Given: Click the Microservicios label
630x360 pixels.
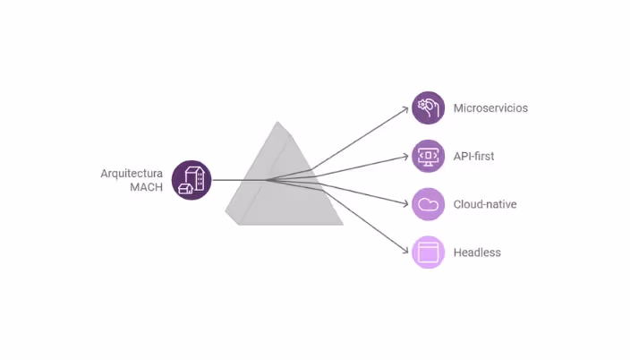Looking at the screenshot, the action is [490, 108].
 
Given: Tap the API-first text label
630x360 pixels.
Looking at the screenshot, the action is [473, 157].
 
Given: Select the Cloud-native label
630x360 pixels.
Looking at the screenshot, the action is [485, 204].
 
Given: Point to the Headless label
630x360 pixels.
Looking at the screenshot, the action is [477, 253].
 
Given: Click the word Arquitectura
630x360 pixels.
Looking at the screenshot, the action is [132, 173].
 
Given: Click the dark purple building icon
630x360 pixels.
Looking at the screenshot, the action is [192, 180].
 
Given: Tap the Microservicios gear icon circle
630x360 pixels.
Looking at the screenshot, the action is [428, 107].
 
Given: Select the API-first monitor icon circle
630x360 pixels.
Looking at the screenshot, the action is [428, 156].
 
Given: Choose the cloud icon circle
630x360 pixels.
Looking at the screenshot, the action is [428, 204].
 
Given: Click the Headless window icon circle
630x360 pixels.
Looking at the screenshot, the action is [428, 253].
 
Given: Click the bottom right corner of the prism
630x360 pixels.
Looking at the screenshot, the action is [343, 223].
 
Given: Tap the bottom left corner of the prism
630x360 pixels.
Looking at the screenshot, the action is [238, 223].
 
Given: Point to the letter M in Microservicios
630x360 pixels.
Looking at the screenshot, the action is [458, 108].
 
